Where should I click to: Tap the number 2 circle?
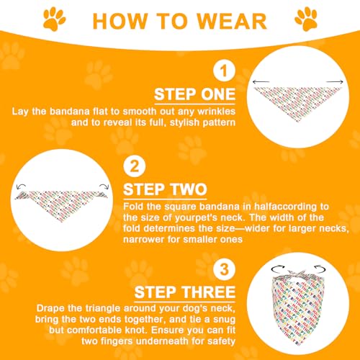pos(135,168)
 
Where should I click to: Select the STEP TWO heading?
pos(166,190)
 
